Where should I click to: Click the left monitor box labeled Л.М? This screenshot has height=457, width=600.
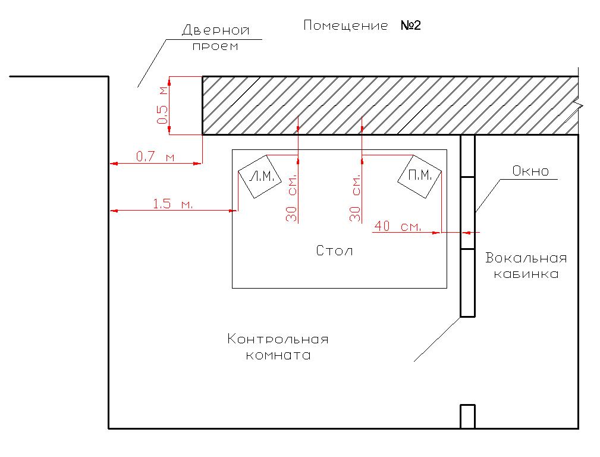(260, 177)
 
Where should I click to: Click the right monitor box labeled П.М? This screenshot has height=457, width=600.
(420, 177)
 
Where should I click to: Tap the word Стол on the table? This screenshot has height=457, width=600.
(334, 251)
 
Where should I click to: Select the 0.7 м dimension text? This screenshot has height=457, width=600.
(155, 156)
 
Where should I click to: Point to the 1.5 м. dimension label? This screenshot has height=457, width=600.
(172, 204)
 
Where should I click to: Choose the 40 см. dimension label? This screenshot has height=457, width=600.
(398, 226)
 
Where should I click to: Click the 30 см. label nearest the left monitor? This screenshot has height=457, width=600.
(291, 198)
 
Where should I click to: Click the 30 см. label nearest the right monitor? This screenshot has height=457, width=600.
(355, 198)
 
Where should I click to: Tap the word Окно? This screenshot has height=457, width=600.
(530, 171)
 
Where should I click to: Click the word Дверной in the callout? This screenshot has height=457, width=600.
(215, 30)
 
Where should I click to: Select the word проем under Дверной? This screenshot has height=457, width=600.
(215, 46)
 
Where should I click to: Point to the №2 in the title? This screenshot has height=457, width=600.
(411, 25)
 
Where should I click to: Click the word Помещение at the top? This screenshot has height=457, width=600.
(345, 26)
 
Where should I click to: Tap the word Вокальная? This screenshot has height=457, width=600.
(526, 258)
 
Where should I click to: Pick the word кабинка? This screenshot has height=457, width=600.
(526, 274)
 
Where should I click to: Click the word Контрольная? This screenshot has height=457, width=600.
(278, 339)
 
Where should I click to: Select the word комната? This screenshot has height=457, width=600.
(278, 355)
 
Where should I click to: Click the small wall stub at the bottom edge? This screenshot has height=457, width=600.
(467, 417)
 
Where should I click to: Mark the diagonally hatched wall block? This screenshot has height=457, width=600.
(390, 105)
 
